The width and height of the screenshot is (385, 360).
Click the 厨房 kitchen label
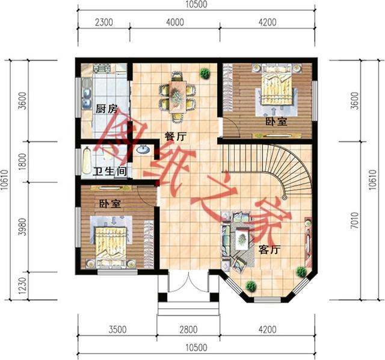[x=106, y=109]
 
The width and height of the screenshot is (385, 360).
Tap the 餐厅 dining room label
[x=175, y=137]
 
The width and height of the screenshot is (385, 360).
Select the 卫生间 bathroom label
[x=110, y=172]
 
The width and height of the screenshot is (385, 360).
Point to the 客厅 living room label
[x=269, y=250]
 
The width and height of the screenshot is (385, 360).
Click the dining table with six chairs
[x=177, y=97]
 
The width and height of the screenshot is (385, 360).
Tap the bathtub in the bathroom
[x=87, y=161]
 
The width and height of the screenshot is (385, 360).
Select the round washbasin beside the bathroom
[x=143, y=150]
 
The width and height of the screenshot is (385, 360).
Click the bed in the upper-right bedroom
[x=277, y=87]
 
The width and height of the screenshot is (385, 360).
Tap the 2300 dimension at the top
[x=104, y=22]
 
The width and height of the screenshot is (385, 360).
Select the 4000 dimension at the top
[x=175, y=22]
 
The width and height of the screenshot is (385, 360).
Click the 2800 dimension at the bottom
[x=188, y=329]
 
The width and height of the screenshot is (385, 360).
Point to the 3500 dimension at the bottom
[x=117, y=329]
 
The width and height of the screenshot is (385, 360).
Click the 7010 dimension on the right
[x=354, y=220]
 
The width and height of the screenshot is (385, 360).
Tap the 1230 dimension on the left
[x=22, y=286]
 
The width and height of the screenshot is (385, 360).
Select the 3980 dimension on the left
[x=22, y=227]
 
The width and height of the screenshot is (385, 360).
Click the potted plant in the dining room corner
[x=205, y=73]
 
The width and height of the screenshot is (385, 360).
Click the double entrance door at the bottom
[x=188, y=282]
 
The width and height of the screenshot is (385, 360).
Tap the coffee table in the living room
[x=242, y=238]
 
